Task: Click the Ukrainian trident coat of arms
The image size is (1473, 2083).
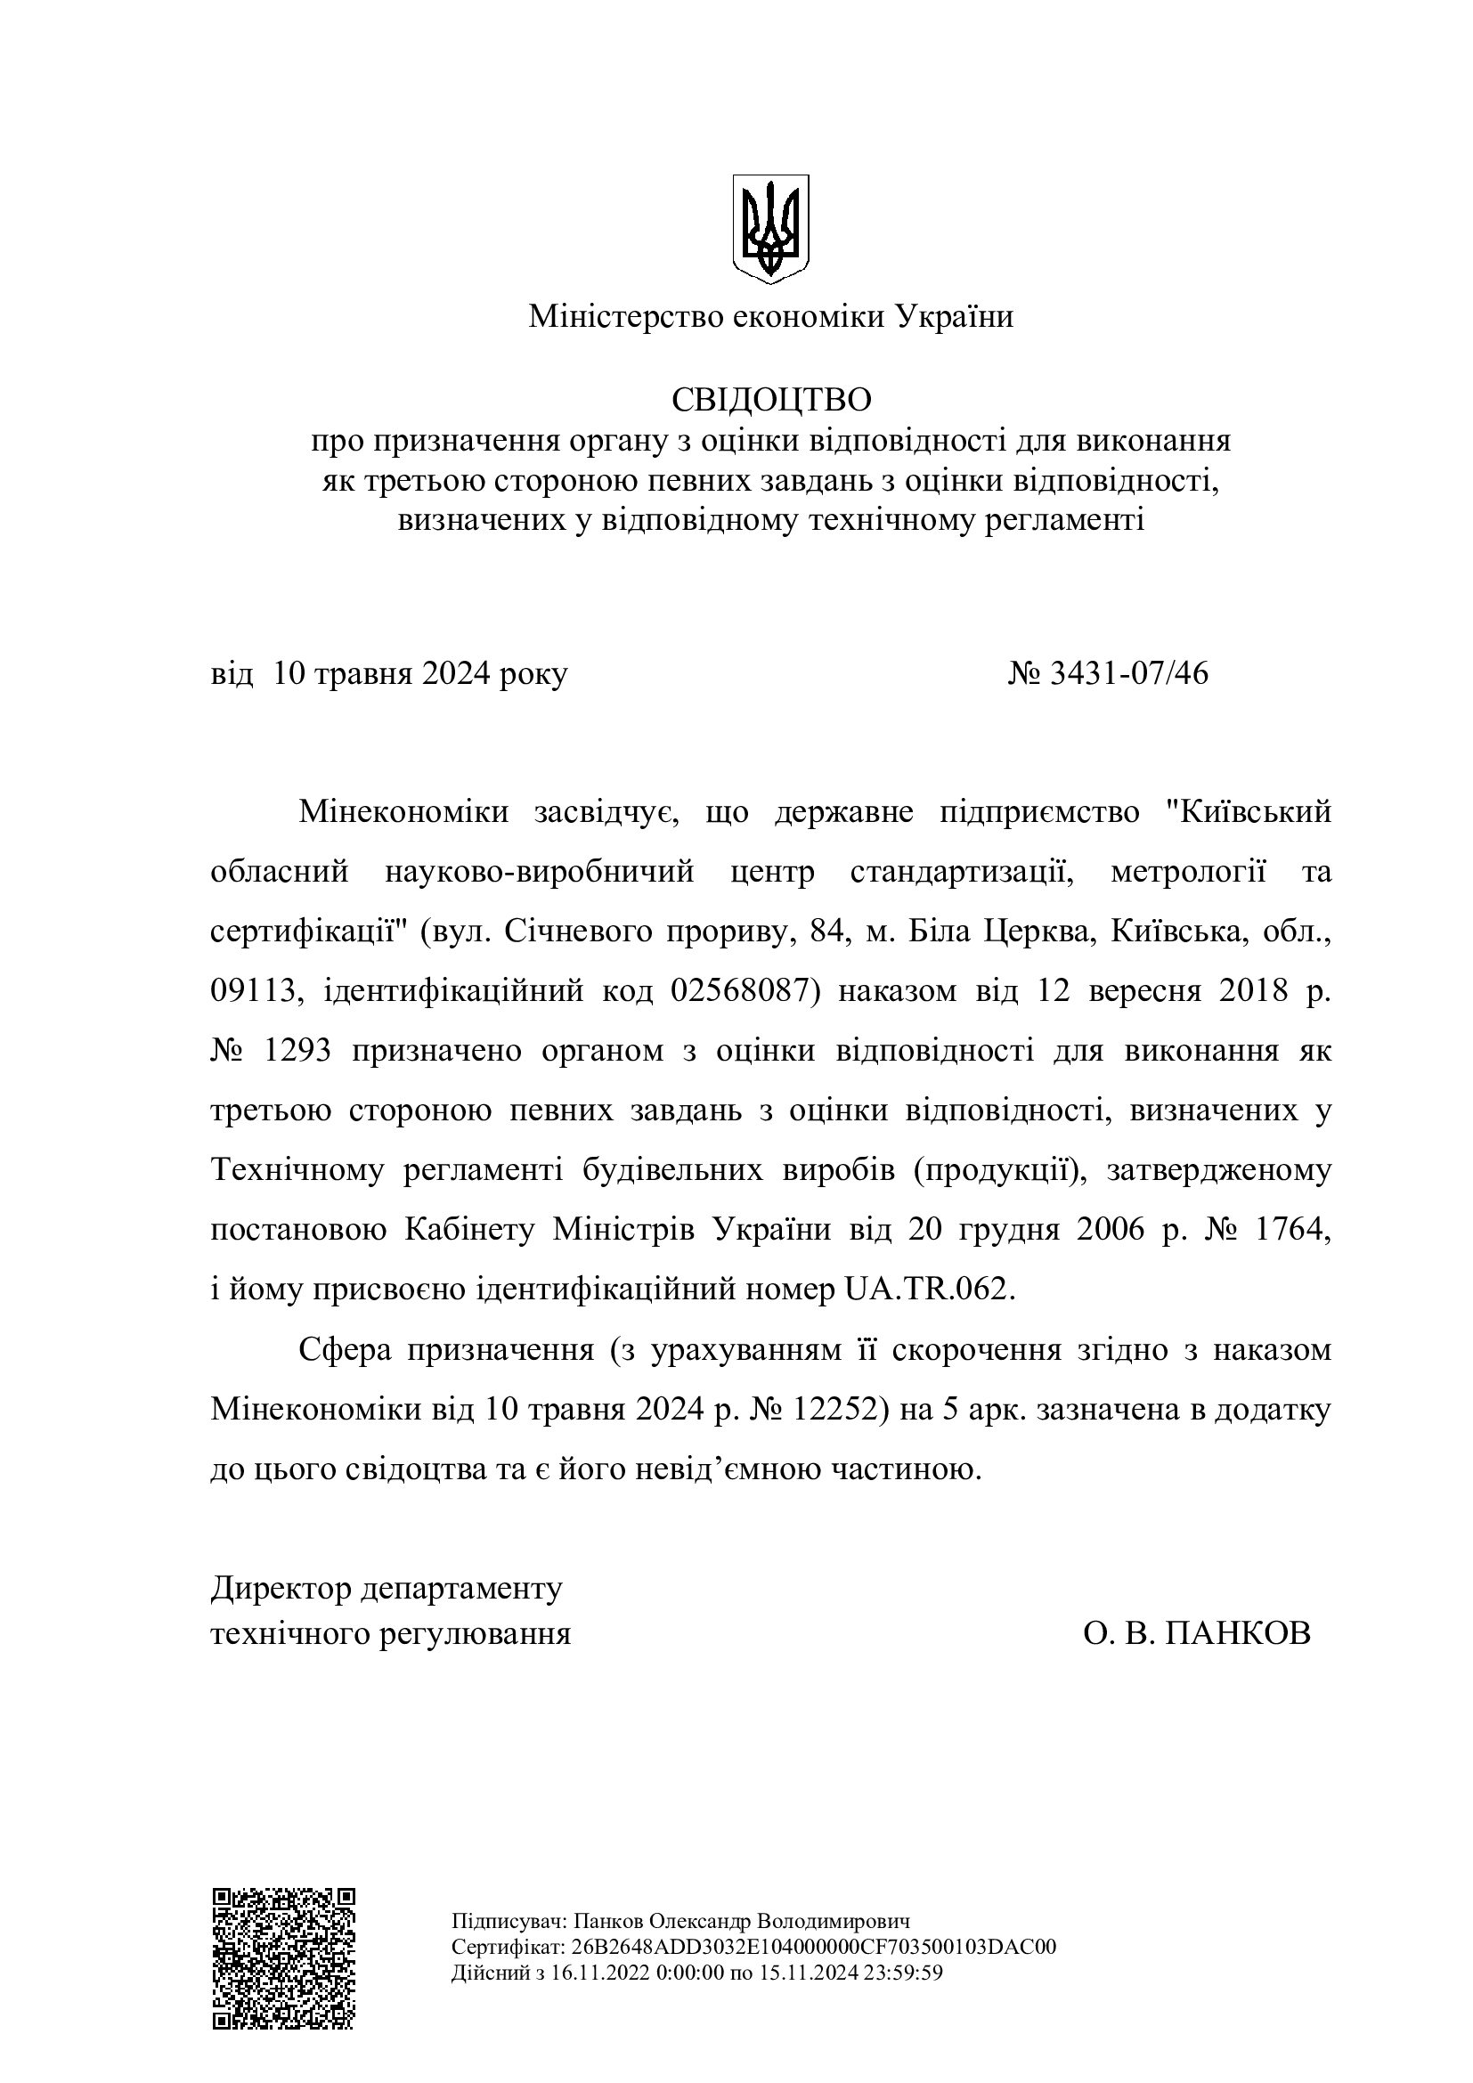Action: tap(770, 229)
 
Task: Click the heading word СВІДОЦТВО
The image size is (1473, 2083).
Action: tap(771, 399)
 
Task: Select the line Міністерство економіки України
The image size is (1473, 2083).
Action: tap(771, 317)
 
